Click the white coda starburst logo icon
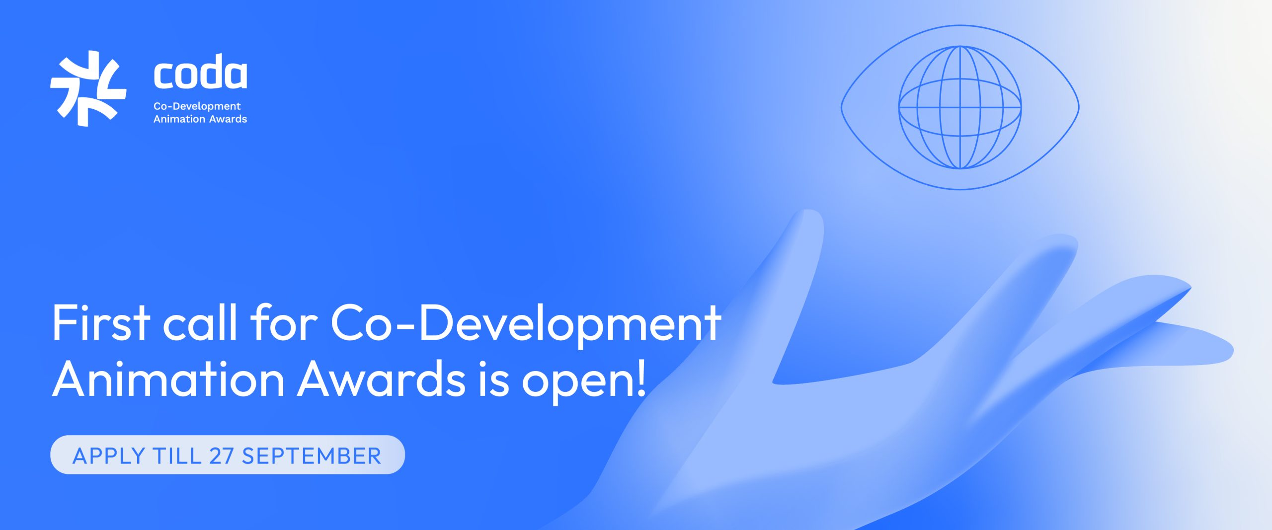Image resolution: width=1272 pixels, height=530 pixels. point(88,88)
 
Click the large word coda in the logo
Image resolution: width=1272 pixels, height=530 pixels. point(200,73)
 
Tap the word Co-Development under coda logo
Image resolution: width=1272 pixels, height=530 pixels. point(197,106)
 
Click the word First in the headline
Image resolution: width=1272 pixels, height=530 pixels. point(101,322)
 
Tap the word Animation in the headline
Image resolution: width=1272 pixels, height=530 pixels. point(168,379)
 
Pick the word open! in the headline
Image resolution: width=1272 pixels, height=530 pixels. point(584,381)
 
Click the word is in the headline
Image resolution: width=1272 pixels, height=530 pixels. point(494,379)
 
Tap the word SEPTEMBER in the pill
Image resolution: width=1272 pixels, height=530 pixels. point(312,456)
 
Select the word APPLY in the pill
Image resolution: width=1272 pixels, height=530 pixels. point(109,456)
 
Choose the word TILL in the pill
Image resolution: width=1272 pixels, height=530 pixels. point(177,456)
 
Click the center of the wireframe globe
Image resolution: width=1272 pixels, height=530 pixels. point(960,107)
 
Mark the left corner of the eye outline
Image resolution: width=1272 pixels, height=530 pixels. point(841,107)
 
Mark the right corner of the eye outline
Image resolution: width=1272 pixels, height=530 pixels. point(1079,107)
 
